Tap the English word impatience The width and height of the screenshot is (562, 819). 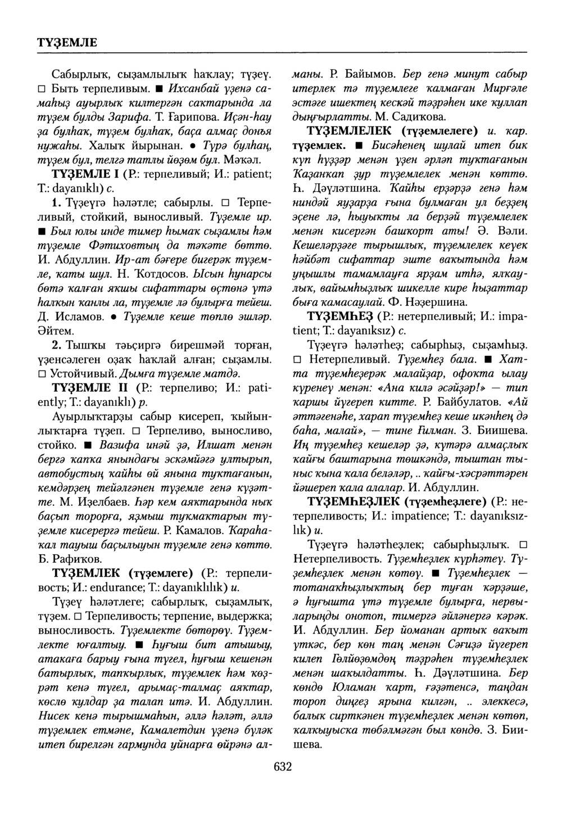[385, 514]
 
